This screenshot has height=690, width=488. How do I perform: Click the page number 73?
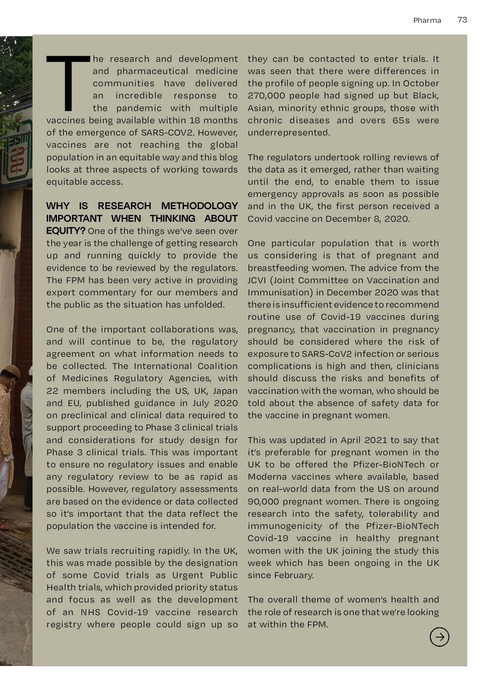point(462,20)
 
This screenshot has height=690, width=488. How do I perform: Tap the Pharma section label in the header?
point(427,20)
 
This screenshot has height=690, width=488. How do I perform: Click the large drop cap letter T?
point(68,83)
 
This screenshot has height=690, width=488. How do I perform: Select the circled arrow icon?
point(439,637)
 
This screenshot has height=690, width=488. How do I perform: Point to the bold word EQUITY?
point(65,231)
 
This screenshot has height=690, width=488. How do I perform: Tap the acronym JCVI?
point(257,280)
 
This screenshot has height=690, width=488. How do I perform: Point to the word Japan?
point(225,391)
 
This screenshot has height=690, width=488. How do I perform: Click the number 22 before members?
point(53,391)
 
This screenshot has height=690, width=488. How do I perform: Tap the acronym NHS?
point(90,612)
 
